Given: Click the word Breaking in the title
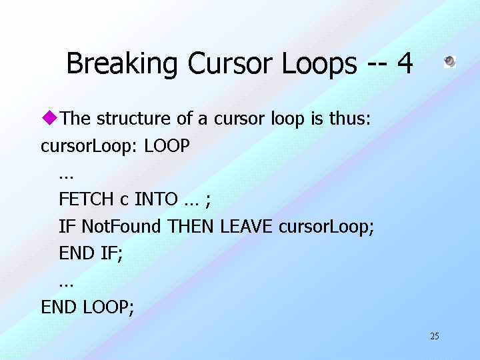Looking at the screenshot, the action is click(x=122, y=64).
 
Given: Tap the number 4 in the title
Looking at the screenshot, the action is click(x=405, y=63).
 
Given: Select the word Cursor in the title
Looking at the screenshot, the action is click(x=230, y=63).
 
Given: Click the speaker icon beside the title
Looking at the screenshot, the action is click(x=450, y=61).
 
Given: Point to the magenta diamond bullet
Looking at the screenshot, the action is click(x=49, y=117).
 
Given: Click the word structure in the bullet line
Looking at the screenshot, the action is click(x=133, y=118).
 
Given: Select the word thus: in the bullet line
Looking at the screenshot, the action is click(x=350, y=118).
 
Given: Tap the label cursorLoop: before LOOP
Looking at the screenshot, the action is click(x=89, y=146).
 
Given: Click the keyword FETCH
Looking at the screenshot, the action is click(x=86, y=199).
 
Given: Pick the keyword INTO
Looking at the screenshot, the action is click(x=156, y=199).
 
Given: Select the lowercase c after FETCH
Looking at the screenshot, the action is click(x=124, y=200).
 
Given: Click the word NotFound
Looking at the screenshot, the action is click(x=121, y=226).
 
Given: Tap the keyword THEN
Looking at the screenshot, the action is click(x=190, y=226).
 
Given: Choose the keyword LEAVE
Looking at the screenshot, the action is click(x=246, y=226).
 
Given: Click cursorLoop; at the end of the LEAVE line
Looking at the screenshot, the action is click(x=326, y=227).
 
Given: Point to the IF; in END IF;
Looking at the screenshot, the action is click(x=112, y=253).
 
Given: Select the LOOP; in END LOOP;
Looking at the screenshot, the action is click(x=109, y=307).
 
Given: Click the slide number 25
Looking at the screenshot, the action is click(x=435, y=336).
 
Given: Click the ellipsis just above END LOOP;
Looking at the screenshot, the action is click(x=66, y=285).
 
